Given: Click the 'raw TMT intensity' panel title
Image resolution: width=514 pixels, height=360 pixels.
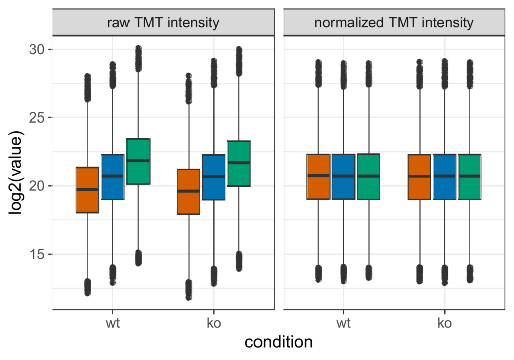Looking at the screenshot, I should point(163,23).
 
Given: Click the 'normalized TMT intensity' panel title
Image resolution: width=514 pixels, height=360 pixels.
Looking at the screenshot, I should point(394,23).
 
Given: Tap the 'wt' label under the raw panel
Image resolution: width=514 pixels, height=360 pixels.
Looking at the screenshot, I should point(113,323).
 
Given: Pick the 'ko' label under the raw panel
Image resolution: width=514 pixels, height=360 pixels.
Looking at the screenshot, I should point(214,323).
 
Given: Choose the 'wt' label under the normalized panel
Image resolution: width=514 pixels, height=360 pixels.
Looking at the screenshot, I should point(343,323).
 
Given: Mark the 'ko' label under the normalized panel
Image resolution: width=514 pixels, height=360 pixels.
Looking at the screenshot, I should point(444,323).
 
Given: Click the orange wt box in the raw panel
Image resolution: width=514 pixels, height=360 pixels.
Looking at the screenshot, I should point(87,190).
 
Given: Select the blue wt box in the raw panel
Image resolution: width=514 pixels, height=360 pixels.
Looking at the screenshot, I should point(113,177).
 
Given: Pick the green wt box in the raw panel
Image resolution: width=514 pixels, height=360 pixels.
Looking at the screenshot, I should point(138,161).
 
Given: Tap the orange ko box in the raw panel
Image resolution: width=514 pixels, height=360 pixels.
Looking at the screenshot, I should point(188,192).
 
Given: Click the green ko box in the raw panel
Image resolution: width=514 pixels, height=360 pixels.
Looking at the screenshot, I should point(239,163).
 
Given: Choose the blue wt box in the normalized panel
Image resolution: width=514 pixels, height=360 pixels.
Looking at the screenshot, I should point(343,177).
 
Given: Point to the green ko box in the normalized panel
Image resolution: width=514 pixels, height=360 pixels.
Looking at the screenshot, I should point(470,177).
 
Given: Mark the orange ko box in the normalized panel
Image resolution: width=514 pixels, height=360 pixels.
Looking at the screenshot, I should point(419,177).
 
